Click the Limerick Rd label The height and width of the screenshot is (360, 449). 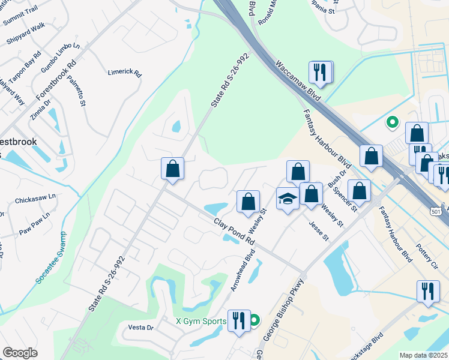click(x=124, y=73)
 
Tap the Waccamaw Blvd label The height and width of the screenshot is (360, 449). click(x=296, y=80)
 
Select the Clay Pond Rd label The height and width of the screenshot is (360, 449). click(x=235, y=230)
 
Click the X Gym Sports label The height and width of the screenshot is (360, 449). click(x=200, y=321)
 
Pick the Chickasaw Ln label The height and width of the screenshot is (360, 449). click(x=35, y=196)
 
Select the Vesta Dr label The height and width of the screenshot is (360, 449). click(x=141, y=328)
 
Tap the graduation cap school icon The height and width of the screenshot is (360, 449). click(x=288, y=198)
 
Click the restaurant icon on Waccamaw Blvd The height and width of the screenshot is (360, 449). click(x=319, y=73)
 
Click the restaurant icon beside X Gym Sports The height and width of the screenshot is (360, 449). click(x=239, y=320)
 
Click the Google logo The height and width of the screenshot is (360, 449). click(x=20, y=353)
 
